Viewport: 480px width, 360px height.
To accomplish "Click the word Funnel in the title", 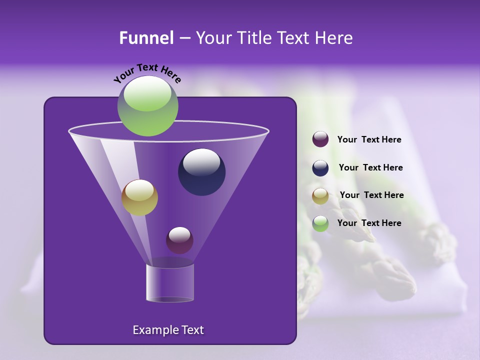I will coord(146,38).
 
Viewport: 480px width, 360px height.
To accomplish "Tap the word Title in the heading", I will coord(253,38).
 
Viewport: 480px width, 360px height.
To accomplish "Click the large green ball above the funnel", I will coord(147,105).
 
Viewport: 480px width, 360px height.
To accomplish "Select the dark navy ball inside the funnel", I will coord(201,172).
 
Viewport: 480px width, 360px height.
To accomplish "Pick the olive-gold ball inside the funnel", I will coord(139,197).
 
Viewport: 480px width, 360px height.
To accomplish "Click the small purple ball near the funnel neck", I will coord(179,240).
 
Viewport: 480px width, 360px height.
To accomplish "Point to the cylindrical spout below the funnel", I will coord(169,283).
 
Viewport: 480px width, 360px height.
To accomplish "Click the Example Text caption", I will coord(168,330).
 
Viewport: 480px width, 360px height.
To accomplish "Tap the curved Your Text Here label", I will coord(147,72).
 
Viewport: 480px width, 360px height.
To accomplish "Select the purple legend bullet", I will coord(320,139).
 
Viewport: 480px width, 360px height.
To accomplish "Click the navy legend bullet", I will coord(320,168).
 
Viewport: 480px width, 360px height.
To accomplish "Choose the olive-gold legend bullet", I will coord(320,196).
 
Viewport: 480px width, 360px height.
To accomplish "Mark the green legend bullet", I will coord(320,223).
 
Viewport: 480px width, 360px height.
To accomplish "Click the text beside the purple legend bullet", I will coord(369,140).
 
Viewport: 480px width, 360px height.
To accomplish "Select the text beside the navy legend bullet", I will coord(370,167).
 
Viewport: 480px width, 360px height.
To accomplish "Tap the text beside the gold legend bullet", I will coord(371,195).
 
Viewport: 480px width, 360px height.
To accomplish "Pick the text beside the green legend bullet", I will coord(369,223).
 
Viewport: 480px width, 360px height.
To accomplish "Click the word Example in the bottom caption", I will coord(154,330).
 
